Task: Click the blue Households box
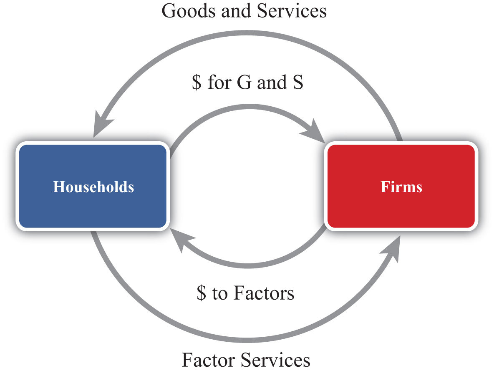[x=93, y=186]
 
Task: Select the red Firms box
[x=401, y=186]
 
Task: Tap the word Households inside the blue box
[x=93, y=187]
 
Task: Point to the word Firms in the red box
[x=401, y=187]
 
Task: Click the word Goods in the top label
[x=189, y=11]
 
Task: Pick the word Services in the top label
[x=292, y=11]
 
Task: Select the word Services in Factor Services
[x=275, y=360]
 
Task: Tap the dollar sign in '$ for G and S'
[x=197, y=83]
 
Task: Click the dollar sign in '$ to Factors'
[x=202, y=293]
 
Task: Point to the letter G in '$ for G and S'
[x=244, y=83]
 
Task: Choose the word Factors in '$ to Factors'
[x=264, y=293]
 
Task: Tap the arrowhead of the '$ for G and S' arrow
[x=313, y=131]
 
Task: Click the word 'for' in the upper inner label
[x=219, y=83]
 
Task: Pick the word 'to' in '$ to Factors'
[x=220, y=294]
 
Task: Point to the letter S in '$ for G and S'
[x=298, y=83]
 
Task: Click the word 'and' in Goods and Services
[x=236, y=11]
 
